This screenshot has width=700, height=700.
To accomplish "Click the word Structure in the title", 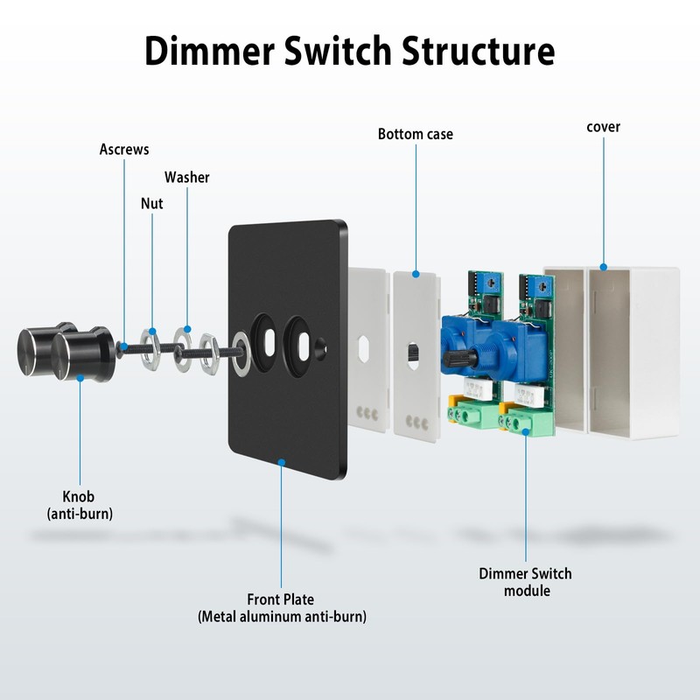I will click(x=478, y=51).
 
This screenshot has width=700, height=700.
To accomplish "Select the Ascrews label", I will click(x=124, y=150).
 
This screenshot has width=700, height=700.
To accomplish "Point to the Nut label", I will click(x=152, y=204).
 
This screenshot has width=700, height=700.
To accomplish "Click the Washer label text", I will click(x=187, y=178).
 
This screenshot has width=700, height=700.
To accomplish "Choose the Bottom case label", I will click(x=416, y=134).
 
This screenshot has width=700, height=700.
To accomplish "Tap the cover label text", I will click(x=603, y=127).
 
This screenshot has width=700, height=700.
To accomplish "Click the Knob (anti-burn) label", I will click(x=80, y=506).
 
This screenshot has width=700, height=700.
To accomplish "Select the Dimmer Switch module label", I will click(x=525, y=582).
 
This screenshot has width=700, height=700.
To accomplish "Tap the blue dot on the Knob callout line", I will click(x=80, y=378).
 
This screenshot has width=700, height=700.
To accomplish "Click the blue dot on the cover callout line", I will click(x=603, y=266).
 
